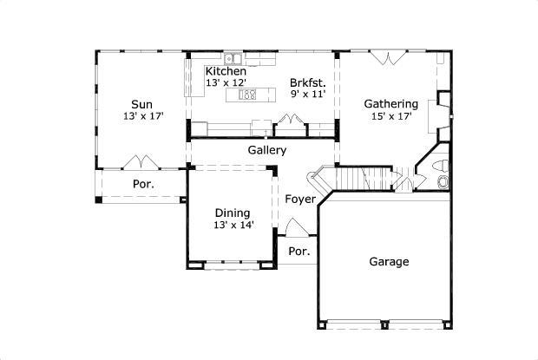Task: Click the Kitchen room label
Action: point(226,70)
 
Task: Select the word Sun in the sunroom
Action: point(142,102)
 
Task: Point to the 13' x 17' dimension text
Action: point(142,115)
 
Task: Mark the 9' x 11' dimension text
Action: point(307,95)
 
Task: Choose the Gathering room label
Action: point(390,102)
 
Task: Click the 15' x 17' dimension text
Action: point(391,115)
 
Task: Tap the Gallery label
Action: point(267,150)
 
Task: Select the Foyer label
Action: point(300,200)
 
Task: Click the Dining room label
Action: point(233,213)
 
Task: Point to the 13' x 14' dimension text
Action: point(233,225)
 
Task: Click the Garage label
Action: point(389,261)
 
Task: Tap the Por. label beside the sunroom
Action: point(143,185)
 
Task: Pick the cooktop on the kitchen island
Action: point(247,95)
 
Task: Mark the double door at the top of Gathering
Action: point(387,59)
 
